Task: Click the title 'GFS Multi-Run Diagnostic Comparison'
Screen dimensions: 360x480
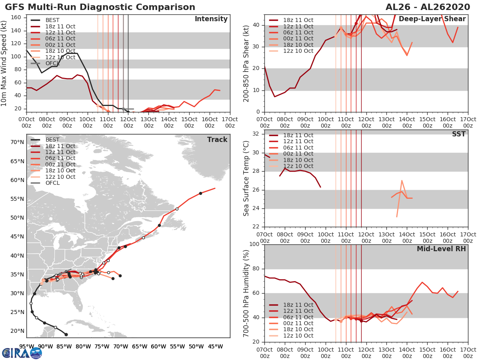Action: pos(100,7)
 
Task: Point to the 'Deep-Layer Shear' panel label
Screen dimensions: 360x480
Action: pos(432,19)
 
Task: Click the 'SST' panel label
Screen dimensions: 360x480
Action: pos(458,134)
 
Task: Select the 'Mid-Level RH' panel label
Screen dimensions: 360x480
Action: pos(441,249)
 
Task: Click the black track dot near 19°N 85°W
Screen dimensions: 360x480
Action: pos(66,334)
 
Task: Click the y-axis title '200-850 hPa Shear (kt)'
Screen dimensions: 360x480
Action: pos(246,63)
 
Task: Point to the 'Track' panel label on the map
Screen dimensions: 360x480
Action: pos(217,140)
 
